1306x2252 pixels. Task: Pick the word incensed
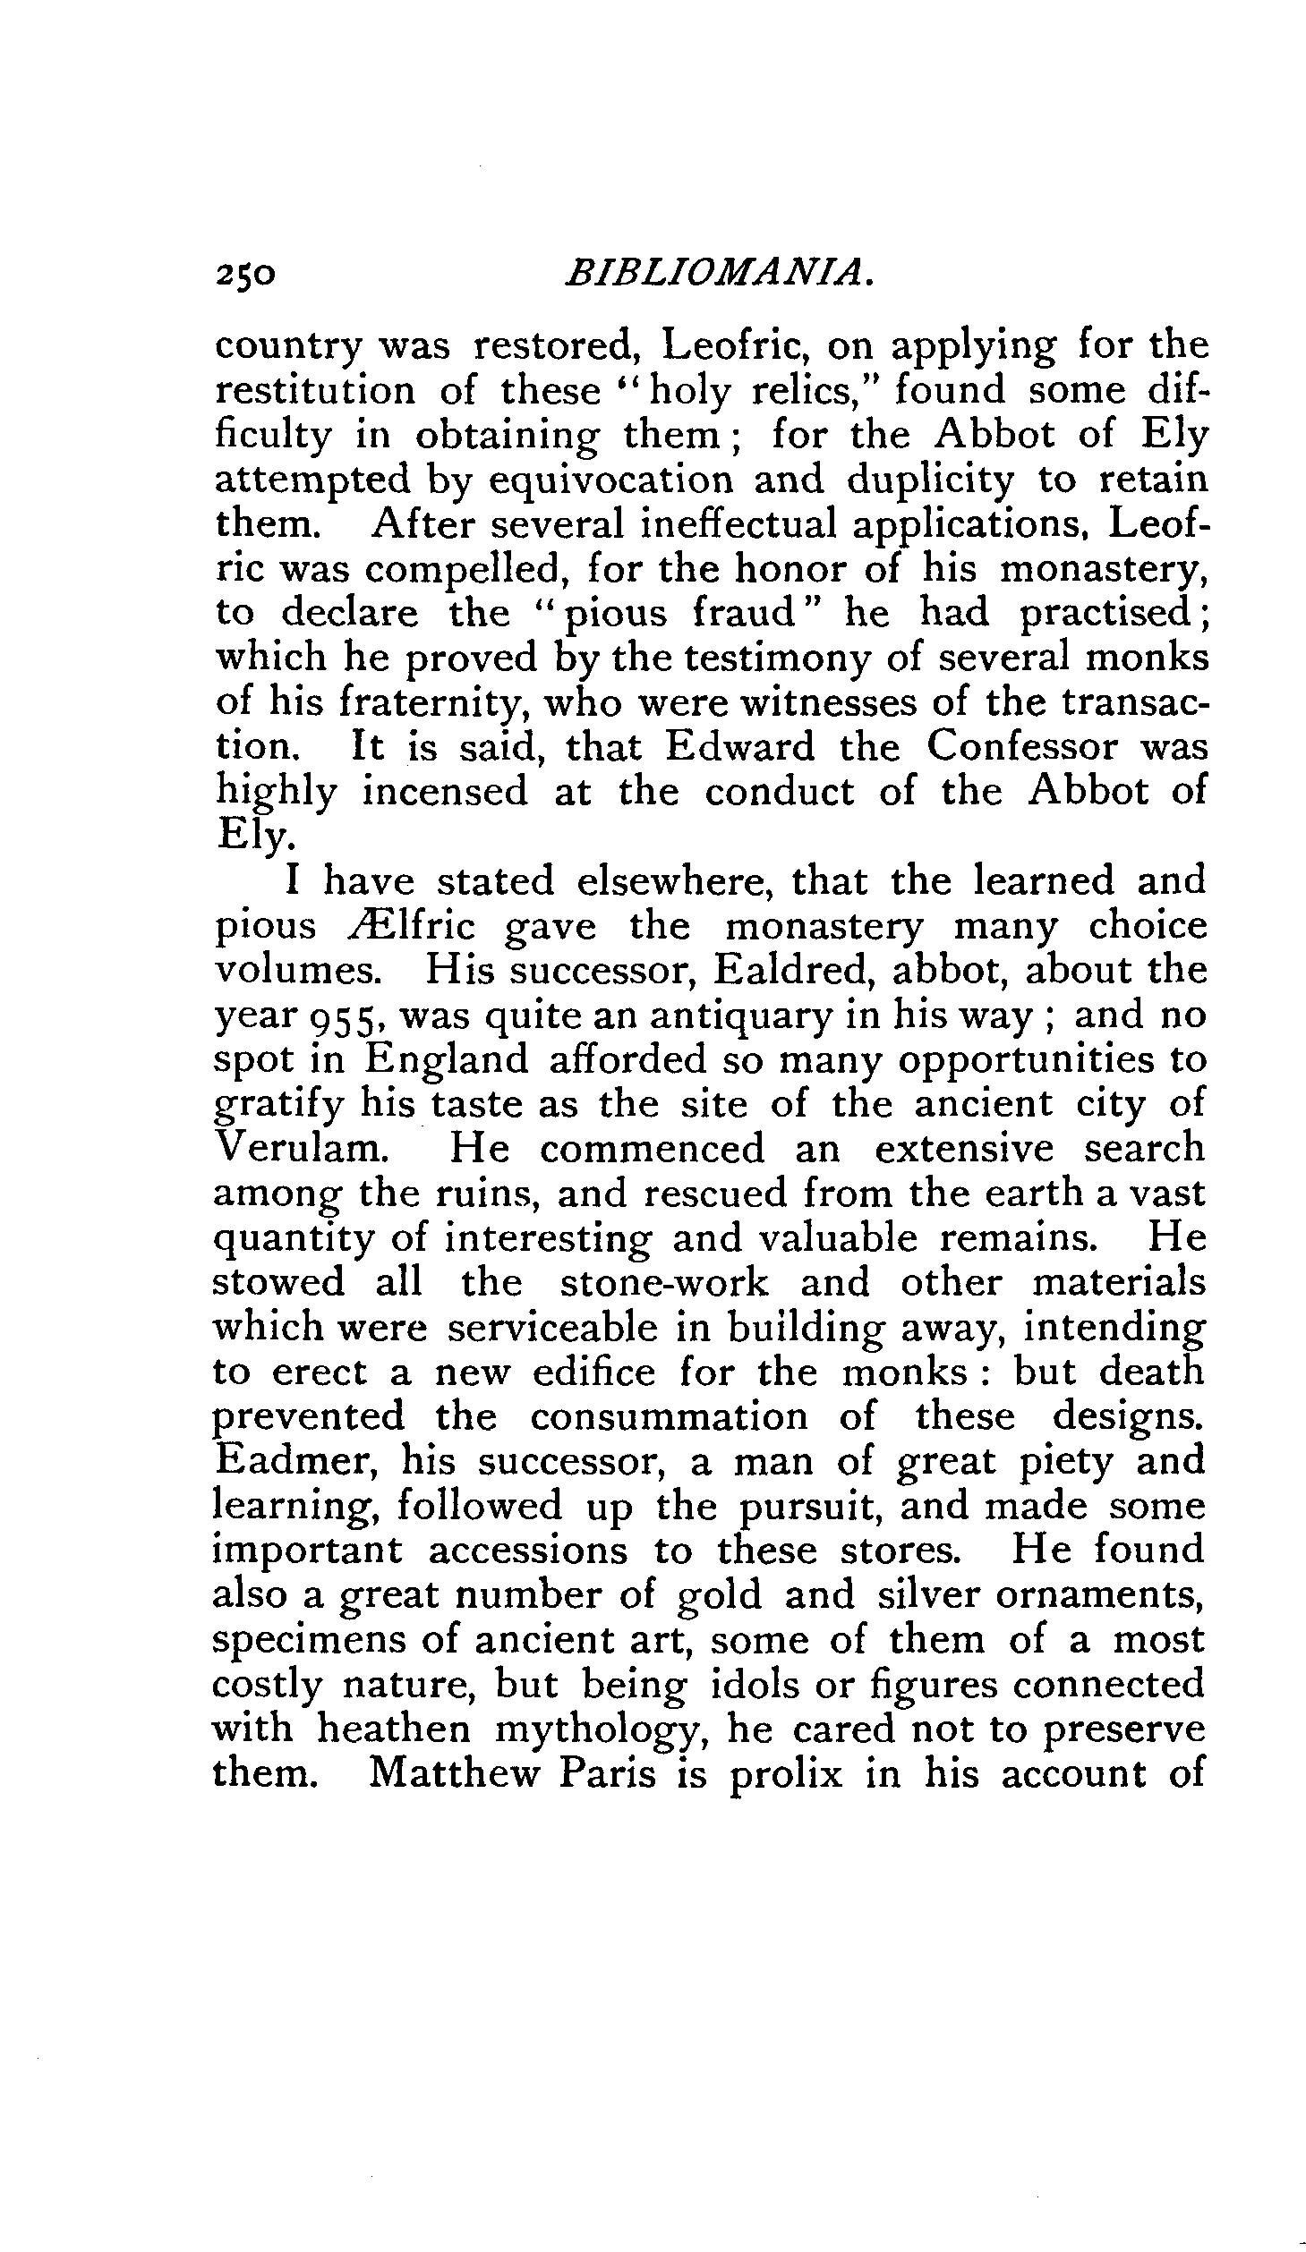pos(444,792)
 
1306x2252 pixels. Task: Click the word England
pos(446,1060)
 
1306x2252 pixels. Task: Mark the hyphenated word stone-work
pos(663,1283)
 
